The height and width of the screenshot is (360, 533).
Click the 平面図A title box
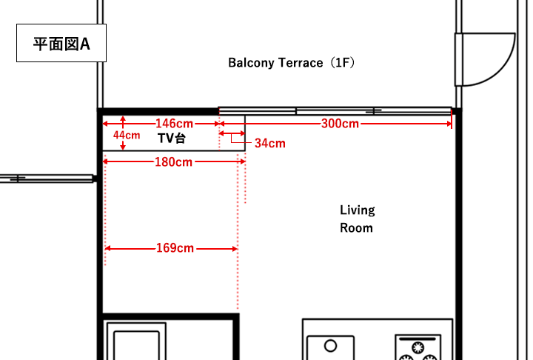coord(61,43)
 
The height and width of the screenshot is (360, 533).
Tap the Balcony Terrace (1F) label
coord(292,63)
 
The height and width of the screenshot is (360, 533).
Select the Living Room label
coord(357,219)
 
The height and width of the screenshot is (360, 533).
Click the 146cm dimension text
coord(174,123)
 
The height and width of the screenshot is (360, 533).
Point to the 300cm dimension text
coord(340,123)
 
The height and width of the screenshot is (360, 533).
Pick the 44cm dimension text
coord(127,135)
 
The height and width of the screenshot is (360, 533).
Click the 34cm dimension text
coord(270,143)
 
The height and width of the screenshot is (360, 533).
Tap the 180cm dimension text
coord(174,161)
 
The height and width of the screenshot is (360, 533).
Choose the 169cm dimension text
coord(175,247)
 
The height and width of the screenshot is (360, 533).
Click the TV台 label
coord(172,138)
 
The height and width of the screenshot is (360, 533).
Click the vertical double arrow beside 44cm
coord(123,133)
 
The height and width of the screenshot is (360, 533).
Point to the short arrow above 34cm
coord(232,133)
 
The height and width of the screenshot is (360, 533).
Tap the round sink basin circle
coord(330,346)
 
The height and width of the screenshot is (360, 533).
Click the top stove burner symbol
coord(418,347)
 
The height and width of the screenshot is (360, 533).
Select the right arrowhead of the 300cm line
coord(449,124)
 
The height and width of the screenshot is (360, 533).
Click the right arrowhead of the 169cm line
coord(235,249)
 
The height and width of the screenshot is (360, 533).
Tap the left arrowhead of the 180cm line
coord(105,161)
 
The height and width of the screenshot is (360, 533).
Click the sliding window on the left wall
coord(47,179)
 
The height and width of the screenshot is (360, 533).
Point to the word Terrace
coord(301,63)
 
